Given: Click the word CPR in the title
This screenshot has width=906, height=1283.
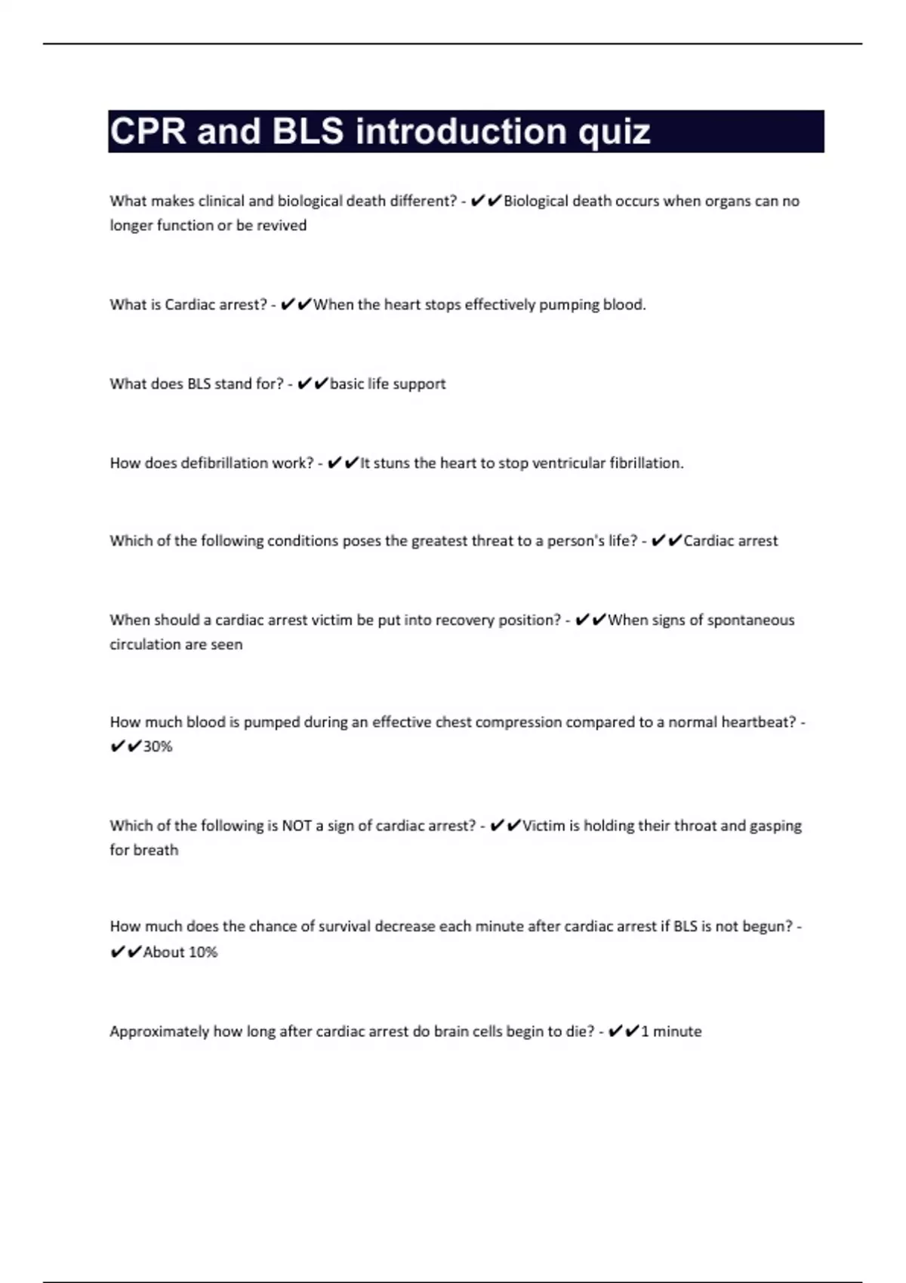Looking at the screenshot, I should coord(148,131).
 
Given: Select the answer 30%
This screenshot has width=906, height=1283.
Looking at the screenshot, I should coord(158,746).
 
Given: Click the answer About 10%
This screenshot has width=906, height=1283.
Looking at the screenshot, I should coord(180,952).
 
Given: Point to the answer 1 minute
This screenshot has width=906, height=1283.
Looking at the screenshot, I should coord(671,1032).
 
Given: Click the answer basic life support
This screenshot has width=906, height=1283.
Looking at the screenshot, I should coord(388,384).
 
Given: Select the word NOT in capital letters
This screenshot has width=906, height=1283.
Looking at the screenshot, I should coord(297,826).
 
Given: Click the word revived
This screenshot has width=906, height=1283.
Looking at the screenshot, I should coord(282,226).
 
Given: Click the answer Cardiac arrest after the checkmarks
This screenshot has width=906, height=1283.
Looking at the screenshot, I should coord(731,541).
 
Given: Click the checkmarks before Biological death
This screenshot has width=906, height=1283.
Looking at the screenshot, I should coord(485,202).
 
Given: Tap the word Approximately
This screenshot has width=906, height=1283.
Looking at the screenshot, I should coord(159,1032).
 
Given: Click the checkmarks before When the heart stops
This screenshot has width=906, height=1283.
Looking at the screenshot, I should coord(295,305).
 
